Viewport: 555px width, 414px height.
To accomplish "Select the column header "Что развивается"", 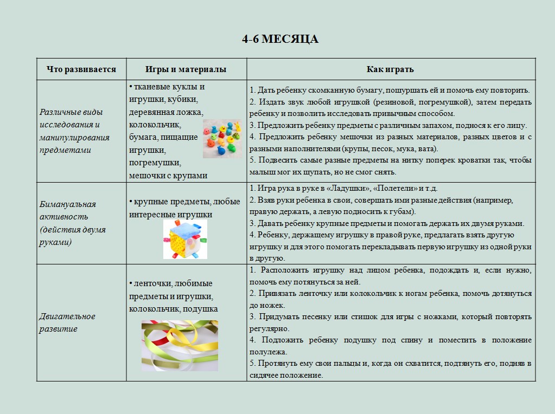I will point(81,69).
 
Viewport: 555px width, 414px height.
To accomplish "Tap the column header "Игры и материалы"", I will point(186,69).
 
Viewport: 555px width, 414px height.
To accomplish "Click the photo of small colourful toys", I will point(223,139).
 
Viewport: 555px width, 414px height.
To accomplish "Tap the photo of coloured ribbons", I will point(180,345).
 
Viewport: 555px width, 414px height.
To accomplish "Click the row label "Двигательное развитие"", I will point(67,322).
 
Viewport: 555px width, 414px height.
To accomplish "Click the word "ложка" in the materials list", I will point(190,112).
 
